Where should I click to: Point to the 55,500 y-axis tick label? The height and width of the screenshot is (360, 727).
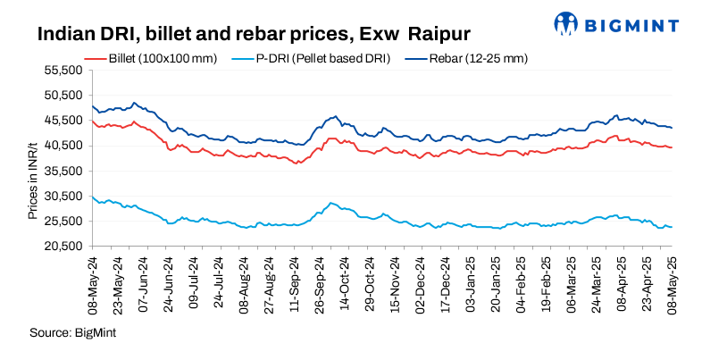(x=64, y=70)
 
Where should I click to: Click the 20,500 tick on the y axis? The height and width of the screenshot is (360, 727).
(x=64, y=246)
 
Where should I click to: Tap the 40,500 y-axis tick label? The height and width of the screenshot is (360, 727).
(x=64, y=145)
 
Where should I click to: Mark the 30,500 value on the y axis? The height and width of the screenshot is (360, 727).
(x=64, y=195)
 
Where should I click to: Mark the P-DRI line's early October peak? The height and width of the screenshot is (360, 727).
(x=330, y=204)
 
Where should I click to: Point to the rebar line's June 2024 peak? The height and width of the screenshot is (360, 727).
(x=134, y=103)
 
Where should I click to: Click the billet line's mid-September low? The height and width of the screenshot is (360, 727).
(x=296, y=163)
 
